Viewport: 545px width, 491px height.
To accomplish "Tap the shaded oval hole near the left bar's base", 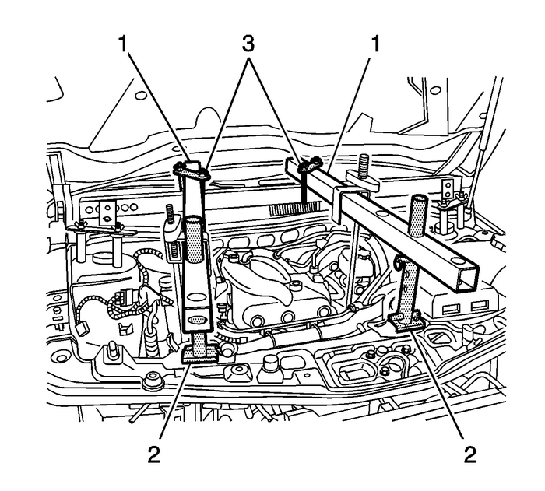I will pyautogui.click(x=200, y=320).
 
